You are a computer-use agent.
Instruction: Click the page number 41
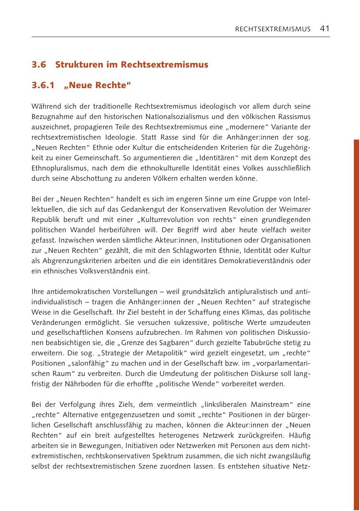coord(325,28)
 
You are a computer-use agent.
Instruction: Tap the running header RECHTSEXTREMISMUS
coord(272,29)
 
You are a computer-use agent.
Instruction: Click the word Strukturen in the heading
coord(75,65)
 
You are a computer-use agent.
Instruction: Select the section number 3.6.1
coord(44,85)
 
